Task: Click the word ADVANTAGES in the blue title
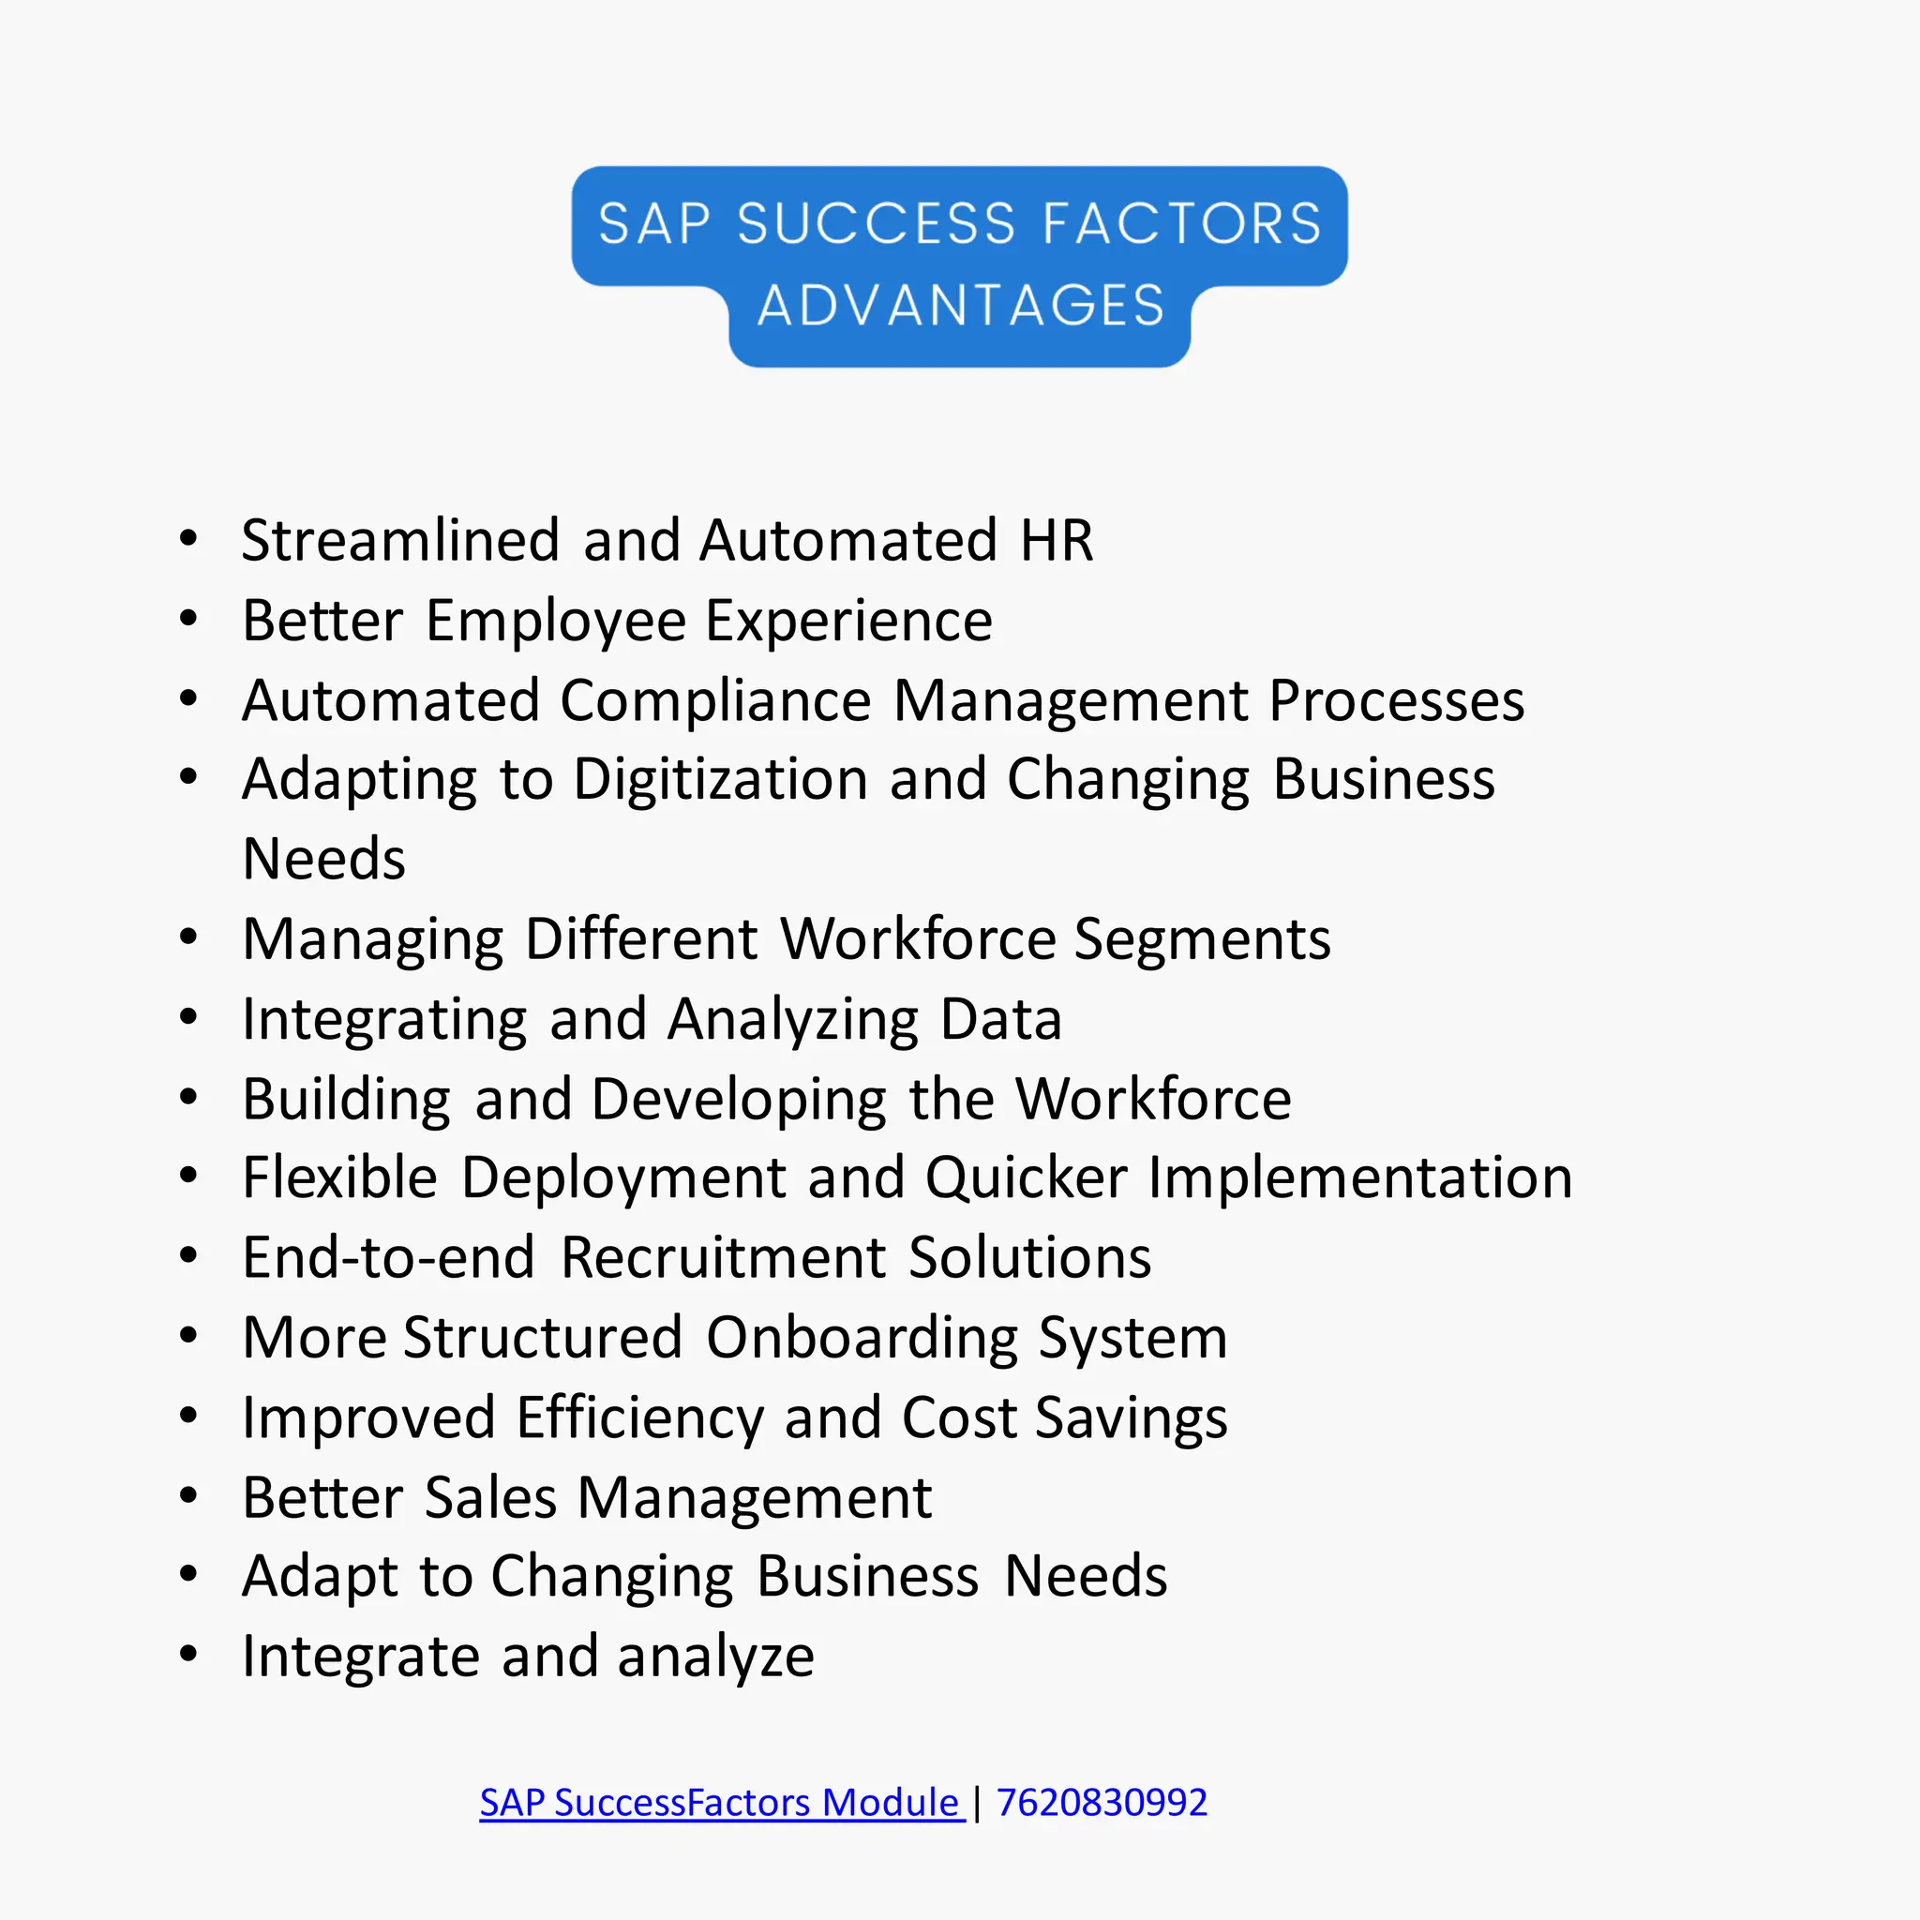[x=960, y=304]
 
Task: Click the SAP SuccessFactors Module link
[x=721, y=1802]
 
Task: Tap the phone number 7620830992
[x=1102, y=1802]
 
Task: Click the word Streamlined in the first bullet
[x=399, y=541]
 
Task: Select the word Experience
[x=847, y=622]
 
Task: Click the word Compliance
[x=715, y=700]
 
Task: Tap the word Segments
[x=1202, y=939]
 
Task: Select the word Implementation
[x=1359, y=1177]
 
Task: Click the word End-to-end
[x=388, y=1258]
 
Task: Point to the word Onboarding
[x=862, y=1338]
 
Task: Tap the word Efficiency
[x=639, y=1417]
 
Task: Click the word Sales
[x=490, y=1497]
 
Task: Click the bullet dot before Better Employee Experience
[x=188, y=619]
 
